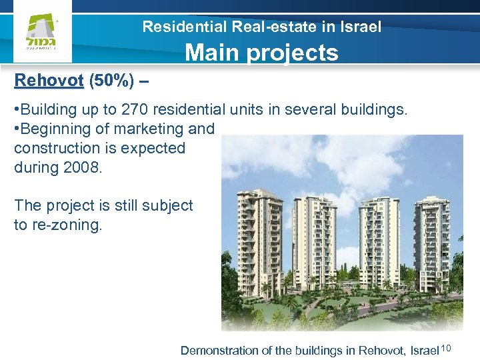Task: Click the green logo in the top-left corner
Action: click(x=41, y=33)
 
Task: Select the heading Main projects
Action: click(x=261, y=52)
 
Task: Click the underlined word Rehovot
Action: click(x=49, y=81)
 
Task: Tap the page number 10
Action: click(x=447, y=348)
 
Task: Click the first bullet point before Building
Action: click(x=16, y=109)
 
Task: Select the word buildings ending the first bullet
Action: click(x=373, y=109)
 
